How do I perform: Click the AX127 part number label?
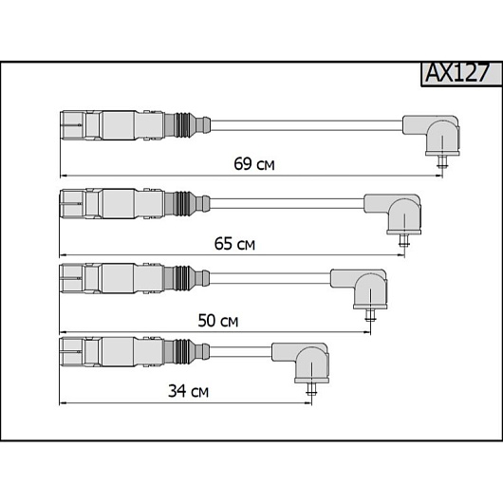pyautogui.click(x=457, y=73)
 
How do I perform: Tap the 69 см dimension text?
pyautogui.click(x=254, y=164)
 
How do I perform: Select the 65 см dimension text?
pyautogui.click(x=234, y=244)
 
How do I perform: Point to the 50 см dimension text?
pyautogui.click(x=218, y=321)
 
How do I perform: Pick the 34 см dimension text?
pyautogui.click(x=188, y=391)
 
